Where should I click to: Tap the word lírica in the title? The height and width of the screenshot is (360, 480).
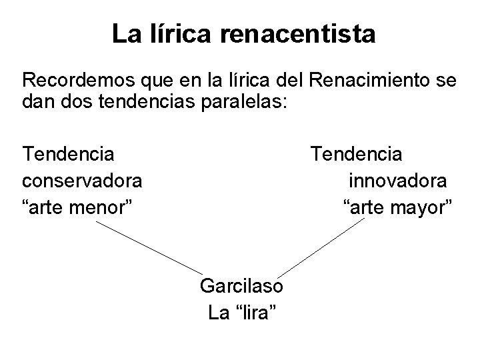click(181, 33)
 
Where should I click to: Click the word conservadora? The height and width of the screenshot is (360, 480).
click(81, 181)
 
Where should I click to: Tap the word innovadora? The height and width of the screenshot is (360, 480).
click(398, 181)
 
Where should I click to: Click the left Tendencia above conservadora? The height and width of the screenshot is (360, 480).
click(68, 155)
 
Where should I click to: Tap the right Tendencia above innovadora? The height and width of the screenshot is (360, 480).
click(356, 155)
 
